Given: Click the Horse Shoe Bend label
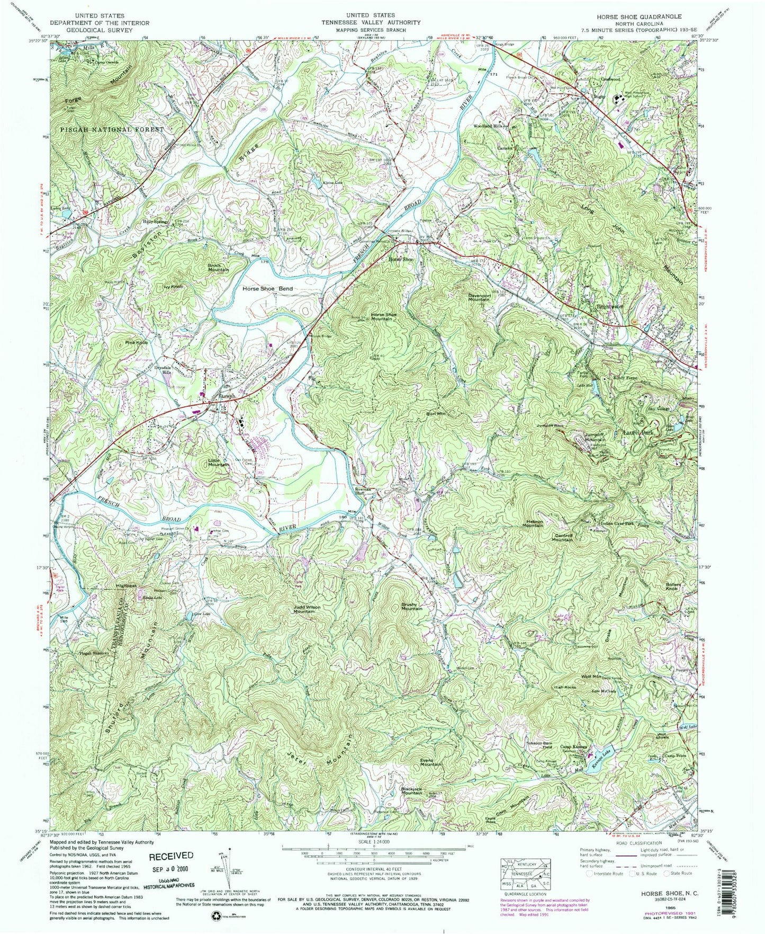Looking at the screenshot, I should [x=267, y=289].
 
